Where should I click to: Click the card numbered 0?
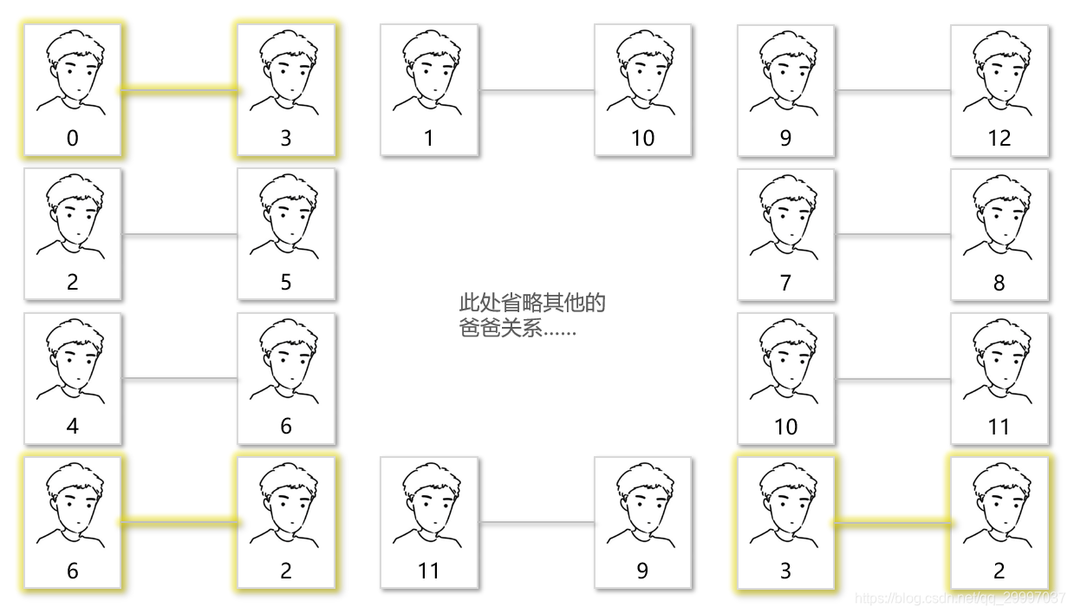(x=73, y=90)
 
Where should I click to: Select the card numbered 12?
(x=999, y=90)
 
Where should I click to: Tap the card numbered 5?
(x=286, y=234)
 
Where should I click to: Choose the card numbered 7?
(x=786, y=234)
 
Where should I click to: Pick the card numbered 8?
(x=999, y=234)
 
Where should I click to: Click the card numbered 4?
(x=73, y=379)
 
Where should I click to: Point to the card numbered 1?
(x=429, y=90)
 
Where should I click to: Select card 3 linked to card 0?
(x=286, y=90)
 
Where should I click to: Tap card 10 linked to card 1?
(x=642, y=90)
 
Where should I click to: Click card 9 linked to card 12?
(x=786, y=90)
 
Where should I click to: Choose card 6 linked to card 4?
(x=286, y=379)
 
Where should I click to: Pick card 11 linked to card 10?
(x=999, y=379)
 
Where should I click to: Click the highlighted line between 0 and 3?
(x=179, y=89)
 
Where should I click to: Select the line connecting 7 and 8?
(x=893, y=234)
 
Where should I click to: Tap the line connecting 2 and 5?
(x=179, y=234)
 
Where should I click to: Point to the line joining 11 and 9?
(x=536, y=522)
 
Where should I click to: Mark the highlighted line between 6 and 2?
(x=179, y=522)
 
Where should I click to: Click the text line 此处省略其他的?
(x=531, y=304)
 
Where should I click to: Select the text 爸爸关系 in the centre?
(x=500, y=329)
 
